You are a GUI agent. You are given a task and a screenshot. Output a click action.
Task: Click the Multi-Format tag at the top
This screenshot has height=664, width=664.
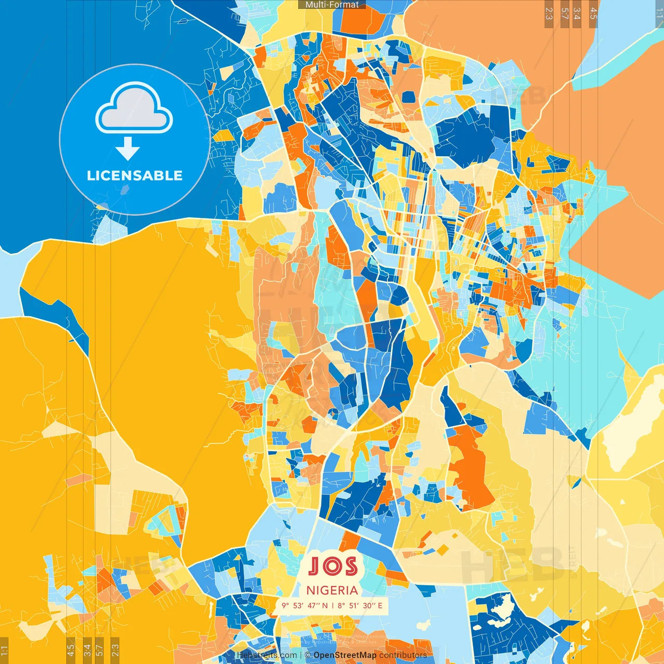click(x=332, y=5)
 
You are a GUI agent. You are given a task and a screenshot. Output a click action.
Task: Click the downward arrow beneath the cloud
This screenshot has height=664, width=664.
click(x=128, y=149)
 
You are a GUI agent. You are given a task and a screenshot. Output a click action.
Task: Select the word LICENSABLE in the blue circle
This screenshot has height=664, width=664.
click(x=134, y=175)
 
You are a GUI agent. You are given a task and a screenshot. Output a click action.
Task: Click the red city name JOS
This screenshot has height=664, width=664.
click(x=333, y=566)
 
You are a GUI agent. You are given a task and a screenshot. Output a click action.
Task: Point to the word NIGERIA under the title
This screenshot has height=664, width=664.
click(x=332, y=590)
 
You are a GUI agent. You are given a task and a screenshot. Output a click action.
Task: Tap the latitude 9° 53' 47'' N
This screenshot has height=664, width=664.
click(x=305, y=605)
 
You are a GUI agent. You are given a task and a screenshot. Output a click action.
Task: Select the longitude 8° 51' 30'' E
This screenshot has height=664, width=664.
click(x=360, y=605)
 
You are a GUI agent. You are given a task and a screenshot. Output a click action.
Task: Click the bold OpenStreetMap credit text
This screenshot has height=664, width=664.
click(x=345, y=655)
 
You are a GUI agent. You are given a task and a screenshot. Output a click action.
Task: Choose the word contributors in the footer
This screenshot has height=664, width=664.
click(x=403, y=655)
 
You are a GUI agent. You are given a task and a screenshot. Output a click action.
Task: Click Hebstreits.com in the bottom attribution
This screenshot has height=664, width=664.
click(x=267, y=655)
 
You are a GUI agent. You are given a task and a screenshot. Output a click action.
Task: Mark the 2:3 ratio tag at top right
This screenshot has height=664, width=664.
click(x=549, y=13)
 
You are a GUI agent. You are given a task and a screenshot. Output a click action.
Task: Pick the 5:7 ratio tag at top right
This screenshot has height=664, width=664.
click(x=564, y=13)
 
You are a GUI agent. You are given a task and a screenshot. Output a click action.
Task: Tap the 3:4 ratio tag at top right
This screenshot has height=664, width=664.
click(x=577, y=13)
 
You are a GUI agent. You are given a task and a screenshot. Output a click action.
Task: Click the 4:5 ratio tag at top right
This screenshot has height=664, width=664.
click(x=593, y=13)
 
